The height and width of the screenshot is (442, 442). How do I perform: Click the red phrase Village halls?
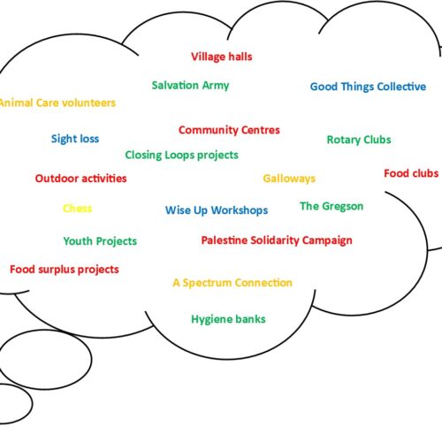pyautogui.click(x=222, y=57)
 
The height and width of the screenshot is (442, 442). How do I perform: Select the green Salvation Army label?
pyautogui.click(x=190, y=86)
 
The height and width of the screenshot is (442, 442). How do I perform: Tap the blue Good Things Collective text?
pyautogui.click(x=368, y=87)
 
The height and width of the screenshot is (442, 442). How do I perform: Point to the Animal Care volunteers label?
pyautogui.click(x=57, y=103)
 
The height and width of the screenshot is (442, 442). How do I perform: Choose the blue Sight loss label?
pyautogui.click(x=75, y=139)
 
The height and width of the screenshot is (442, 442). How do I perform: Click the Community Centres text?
pyautogui.click(x=229, y=130)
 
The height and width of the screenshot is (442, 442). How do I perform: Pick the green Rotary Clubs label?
pyautogui.click(x=359, y=140)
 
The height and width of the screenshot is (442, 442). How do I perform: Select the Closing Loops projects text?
pyautogui.click(x=181, y=156)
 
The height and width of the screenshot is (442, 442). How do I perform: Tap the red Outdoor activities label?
pyautogui.click(x=80, y=179)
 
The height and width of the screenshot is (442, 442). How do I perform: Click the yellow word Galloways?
pyautogui.click(x=289, y=179)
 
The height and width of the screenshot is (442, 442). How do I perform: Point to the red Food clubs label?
pyautogui.click(x=411, y=173)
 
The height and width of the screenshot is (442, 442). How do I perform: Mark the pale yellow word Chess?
pyautogui.click(x=77, y=209)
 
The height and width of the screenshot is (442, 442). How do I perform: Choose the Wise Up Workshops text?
pyautogui.click(x=217, y=210)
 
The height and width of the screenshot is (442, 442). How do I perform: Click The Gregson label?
pyautogui.click(x=331, y=206)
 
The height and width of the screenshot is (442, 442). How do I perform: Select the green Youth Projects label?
pyautogui.click(x=100, y=241)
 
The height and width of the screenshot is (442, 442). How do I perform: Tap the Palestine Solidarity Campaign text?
pyautogui.click(x=277, y=240)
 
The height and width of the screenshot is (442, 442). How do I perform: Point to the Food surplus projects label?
pyautogui.click(x=65, y=270)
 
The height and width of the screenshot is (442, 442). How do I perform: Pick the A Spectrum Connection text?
pyautogui.click(x=232, y=283)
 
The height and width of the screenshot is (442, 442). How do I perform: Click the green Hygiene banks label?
pyautogui.click(x=228, y=319)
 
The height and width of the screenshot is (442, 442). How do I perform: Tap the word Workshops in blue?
pyautogui.click(x=240, y=210)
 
